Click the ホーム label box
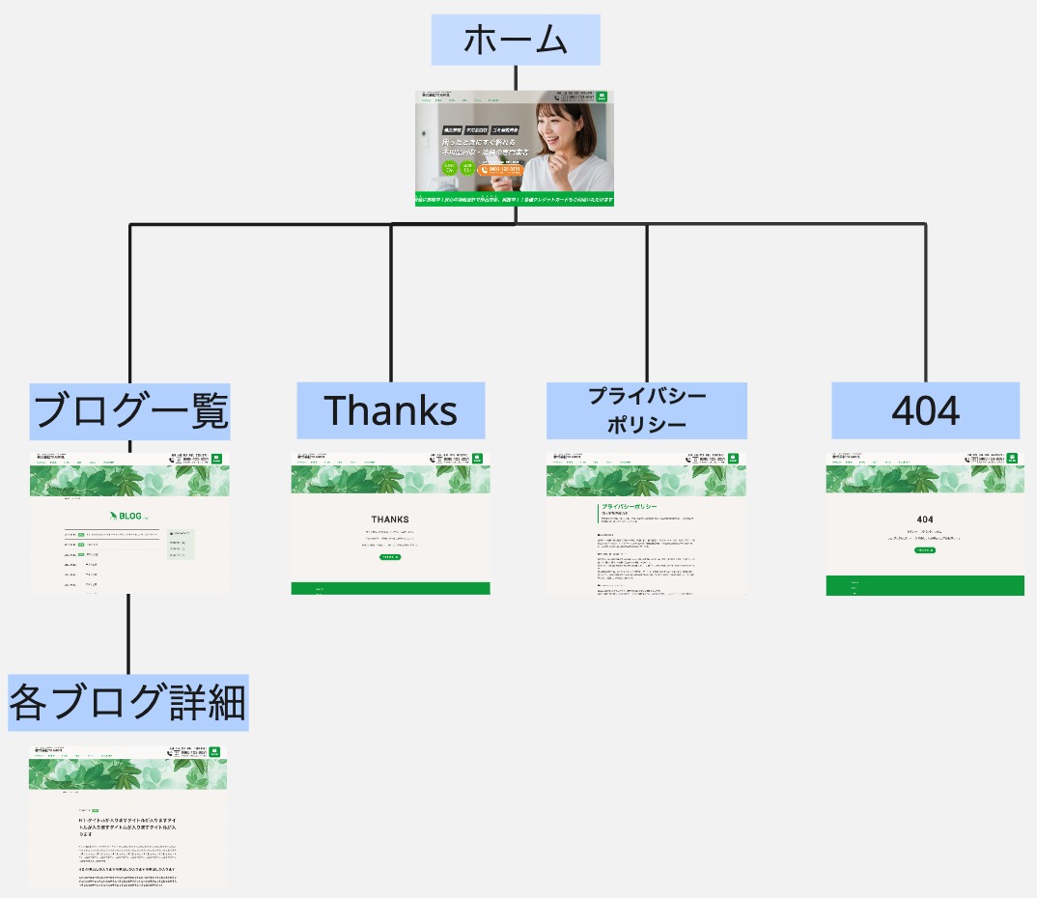click(516, 40)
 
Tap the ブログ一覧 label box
click(129, 410)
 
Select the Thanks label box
click(390, 410)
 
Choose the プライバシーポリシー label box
click(646, 410)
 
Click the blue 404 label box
click(925, 410)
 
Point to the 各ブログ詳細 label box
click(128, 702)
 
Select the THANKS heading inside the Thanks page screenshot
click(390, 519)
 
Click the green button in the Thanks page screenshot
click(390, 557)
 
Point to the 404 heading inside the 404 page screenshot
click(924, 519)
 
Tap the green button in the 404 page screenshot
click(924, 550)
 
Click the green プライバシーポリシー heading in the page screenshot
click(630, 507)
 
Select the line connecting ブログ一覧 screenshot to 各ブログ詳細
click(128, 632)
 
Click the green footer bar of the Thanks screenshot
click(390, 588)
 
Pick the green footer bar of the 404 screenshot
click(924, 585)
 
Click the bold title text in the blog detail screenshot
click(127, 826)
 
